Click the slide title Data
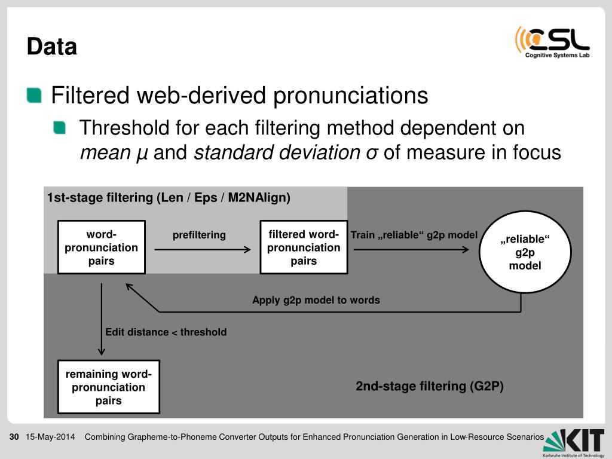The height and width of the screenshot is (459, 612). (52, 47)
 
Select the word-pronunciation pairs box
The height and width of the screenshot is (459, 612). (101, 247)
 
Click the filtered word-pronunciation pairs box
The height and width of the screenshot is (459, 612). (303, 247)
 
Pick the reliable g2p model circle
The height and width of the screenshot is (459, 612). (525, 252)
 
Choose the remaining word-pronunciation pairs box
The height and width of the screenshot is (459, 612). (108, 387)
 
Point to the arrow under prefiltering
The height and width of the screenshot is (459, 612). (202, 250)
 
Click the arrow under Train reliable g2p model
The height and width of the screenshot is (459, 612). (411, 250)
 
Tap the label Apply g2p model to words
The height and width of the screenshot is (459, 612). (316, 300)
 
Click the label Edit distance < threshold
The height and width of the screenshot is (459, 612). (166, 332)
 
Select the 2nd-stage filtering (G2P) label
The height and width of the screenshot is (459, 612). (430, 386)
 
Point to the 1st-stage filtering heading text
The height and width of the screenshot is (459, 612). (169, 198)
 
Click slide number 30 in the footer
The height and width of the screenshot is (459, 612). (14, 437)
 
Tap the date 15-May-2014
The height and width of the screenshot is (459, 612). (50, 437)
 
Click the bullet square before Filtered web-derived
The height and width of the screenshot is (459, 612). (35, 95)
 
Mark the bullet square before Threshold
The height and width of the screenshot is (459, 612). (60, 127)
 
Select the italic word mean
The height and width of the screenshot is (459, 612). (105, 153)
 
